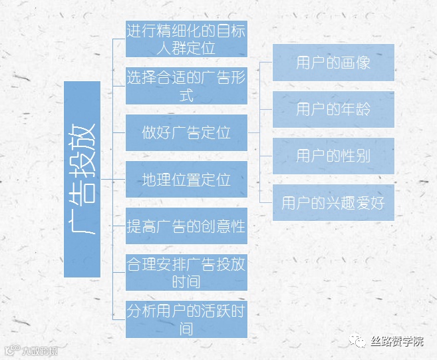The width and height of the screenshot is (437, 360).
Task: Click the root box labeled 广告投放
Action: (82, 179)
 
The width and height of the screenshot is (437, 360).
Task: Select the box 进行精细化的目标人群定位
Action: (186, 39)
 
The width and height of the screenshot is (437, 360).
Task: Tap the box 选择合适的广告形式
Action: (186, 86)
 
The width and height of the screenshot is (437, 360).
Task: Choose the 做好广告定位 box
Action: (186, 132)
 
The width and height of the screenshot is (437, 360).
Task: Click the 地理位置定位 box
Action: (186, 180)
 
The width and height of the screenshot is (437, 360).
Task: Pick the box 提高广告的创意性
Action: (186, 226)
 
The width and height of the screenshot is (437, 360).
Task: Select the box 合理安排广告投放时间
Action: (186, 273)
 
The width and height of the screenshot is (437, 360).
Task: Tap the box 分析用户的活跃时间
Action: (186, 319)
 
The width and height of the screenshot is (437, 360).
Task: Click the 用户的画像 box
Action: (333, 63)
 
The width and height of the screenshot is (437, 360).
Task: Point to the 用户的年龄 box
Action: (333, 109)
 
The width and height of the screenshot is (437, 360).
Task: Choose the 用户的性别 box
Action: (333, 156)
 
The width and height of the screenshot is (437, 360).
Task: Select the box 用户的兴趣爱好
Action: (333, 202)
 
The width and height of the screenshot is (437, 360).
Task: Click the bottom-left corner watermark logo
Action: (30, 350)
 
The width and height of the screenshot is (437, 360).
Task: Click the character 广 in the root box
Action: (82, 223)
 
